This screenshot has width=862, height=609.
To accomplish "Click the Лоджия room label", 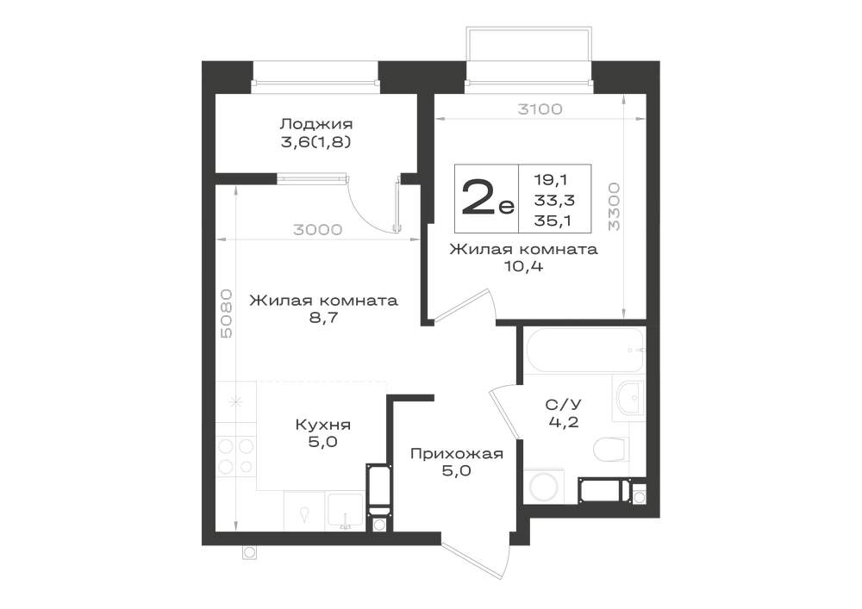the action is coord(316,124).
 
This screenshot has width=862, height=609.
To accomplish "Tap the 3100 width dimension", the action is coord(540,109).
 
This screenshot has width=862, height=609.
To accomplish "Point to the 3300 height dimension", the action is coord(614,207).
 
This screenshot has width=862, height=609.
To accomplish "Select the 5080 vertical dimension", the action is coord(226,314).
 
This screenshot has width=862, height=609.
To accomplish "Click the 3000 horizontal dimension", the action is coord(318,230).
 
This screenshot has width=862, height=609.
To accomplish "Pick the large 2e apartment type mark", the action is coord(487,198).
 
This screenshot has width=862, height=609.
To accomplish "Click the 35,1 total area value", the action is coord(553,221).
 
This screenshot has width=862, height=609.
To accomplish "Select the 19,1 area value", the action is coord(552,179).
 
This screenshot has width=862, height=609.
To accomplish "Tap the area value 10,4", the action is coord(523,267).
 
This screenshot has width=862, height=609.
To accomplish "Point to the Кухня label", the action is coord(322,425).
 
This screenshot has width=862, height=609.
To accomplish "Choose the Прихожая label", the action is coord(457,454).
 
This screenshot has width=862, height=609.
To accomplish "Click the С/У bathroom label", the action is coord(564,405).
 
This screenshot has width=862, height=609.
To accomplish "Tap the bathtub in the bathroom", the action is coord(585,350).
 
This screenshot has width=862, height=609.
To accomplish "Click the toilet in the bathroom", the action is coord(610,449).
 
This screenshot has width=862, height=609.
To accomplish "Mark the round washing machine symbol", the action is coord(544,486).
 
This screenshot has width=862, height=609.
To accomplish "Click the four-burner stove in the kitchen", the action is coord(236,457).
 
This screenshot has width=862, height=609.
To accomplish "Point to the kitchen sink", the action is coord(346,512).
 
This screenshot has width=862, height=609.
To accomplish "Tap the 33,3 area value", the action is coord(554,200).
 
